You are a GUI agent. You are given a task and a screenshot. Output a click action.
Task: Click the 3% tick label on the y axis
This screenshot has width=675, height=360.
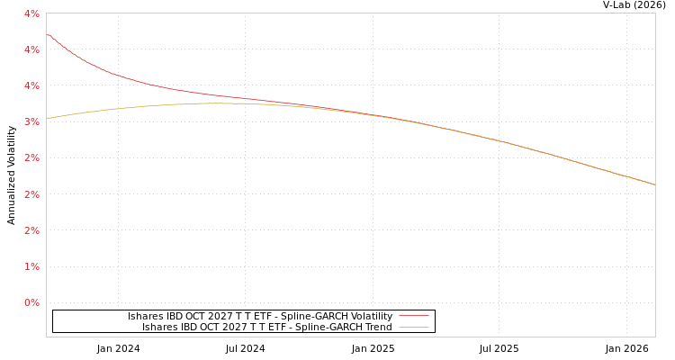click(31, 121)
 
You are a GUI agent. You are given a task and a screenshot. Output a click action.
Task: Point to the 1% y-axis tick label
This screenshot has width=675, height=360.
click(31, 266)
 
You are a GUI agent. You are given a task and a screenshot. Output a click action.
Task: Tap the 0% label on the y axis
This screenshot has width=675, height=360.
click(31, 302)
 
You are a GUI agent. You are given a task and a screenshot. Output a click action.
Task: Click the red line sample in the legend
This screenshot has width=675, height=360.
click(413, 316)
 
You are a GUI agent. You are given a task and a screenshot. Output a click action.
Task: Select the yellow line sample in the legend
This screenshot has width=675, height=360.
click(413, 327)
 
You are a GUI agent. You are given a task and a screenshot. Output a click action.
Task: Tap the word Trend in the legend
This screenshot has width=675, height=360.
click(378, 327)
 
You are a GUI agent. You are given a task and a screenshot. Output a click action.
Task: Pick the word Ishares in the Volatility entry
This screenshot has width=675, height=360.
click(145, 316)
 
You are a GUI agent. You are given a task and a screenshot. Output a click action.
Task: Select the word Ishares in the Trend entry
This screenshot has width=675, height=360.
click(159, 327)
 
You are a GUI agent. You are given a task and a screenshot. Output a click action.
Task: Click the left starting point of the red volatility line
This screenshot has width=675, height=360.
click(48, 35)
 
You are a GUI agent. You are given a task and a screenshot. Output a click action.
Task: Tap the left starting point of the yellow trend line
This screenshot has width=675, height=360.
click(48, 118)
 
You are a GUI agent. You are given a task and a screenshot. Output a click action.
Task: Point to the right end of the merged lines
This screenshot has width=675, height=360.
click(654, 184)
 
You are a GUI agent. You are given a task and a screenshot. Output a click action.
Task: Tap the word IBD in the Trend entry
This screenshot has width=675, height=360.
click(190, 327)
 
